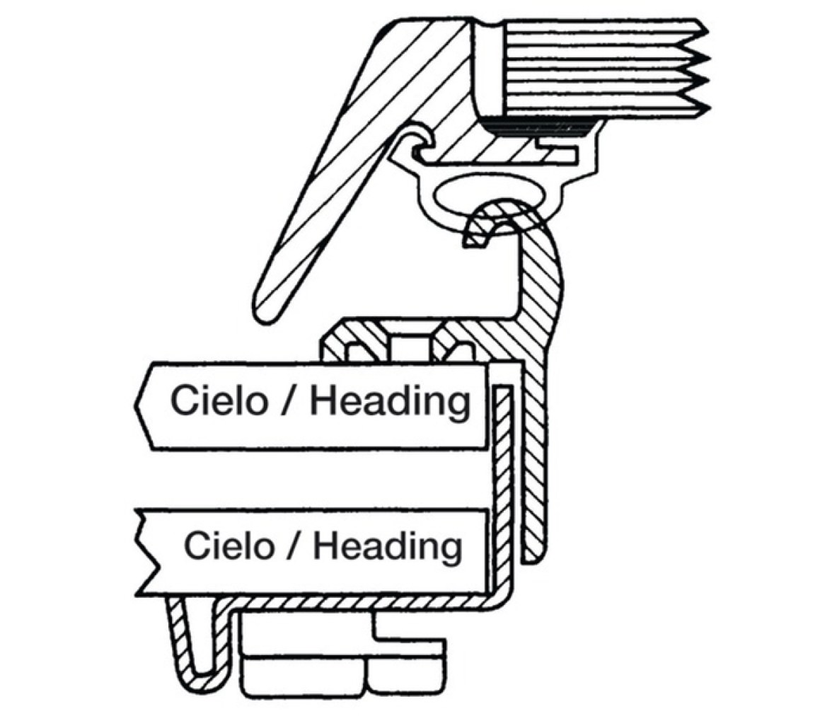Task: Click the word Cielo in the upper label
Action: [x=219, y=400]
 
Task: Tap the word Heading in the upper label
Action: [x=390, y=402]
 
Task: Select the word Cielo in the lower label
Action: [x=228, y=545]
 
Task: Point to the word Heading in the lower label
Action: [x=388, y=546]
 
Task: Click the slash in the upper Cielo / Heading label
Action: [x=290, y=402]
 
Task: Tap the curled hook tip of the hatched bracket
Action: [x=474, y=233]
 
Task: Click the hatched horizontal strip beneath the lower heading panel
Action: [x=361, y=604]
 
